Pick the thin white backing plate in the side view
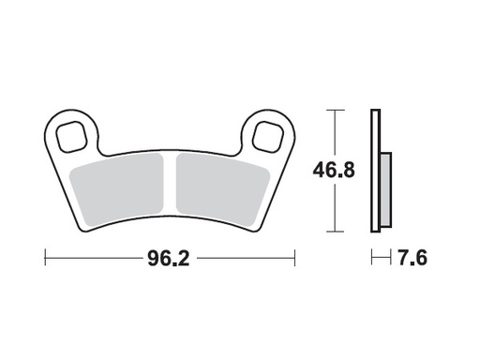[x=375, y=169]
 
